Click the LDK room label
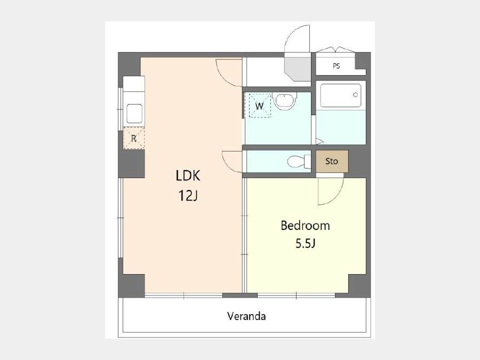(x=188, y=175)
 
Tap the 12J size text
(x=188, y=195)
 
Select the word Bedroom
(x=305, y=226)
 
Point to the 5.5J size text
(x=305, y=244)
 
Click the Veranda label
(x=246, y=316)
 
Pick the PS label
(x=336, y=66)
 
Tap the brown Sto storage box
(x=332, y=161)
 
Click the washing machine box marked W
(x=260, y=106)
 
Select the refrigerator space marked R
(x=134, y=138)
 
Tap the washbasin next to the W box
(x=285, y=100)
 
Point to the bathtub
(x=341, y=95)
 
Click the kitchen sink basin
(x=134, y=114)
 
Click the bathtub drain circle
(x=355, y=94)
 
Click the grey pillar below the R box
(x=132, y=164)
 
